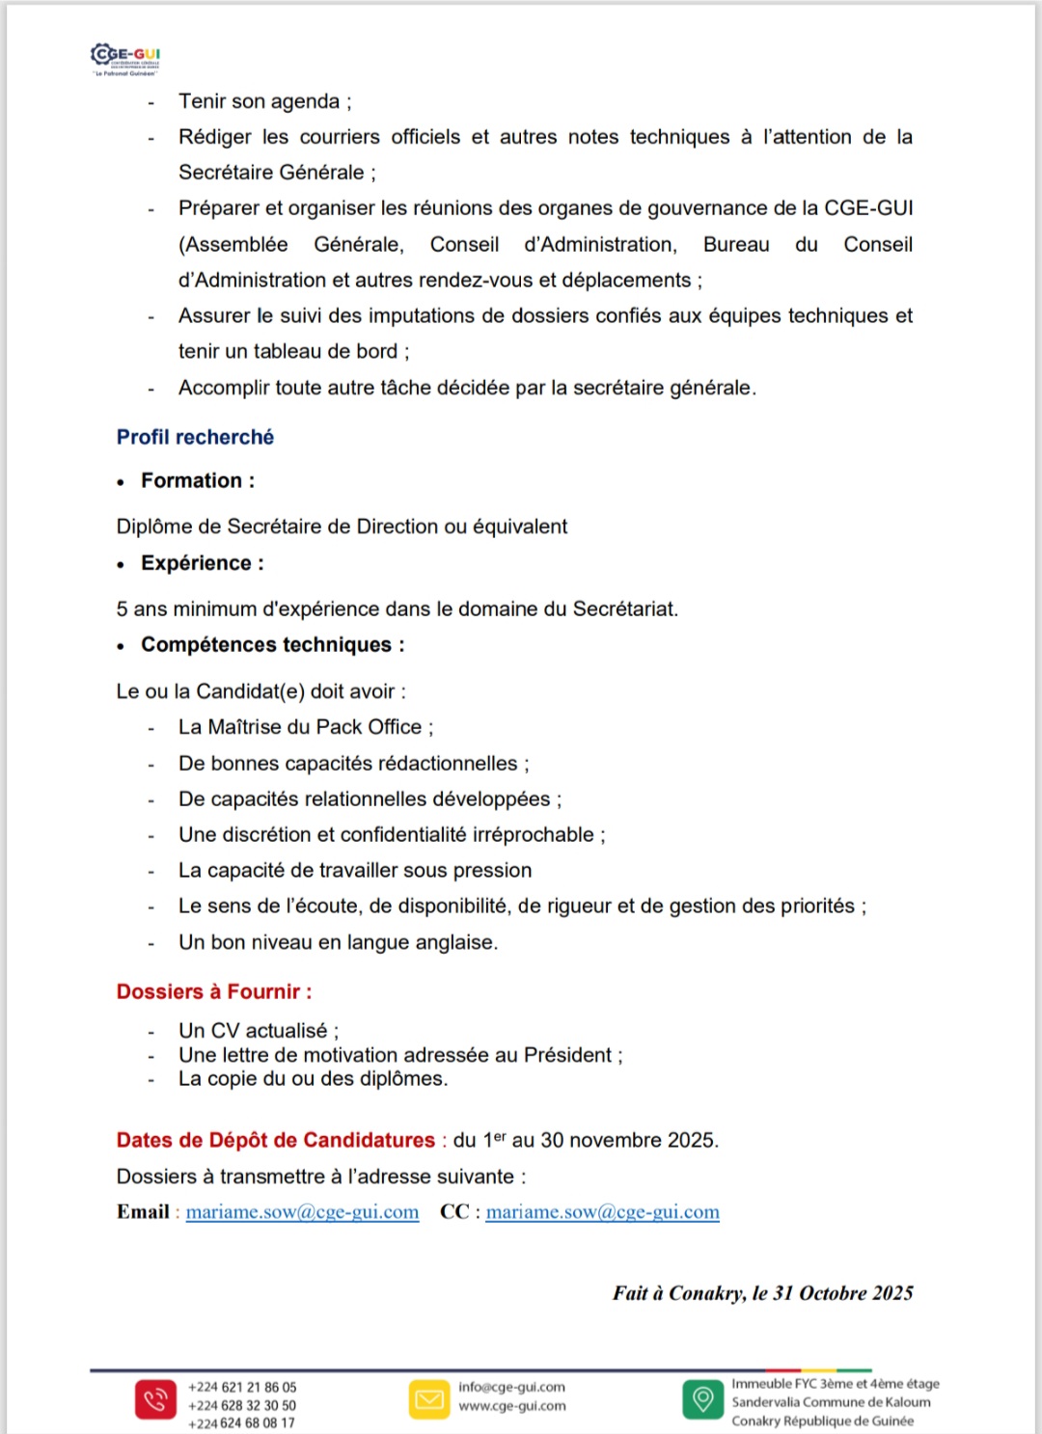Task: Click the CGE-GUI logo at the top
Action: point(125,58)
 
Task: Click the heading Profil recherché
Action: point(195,437)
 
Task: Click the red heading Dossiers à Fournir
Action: point(213,991)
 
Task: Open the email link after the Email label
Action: point(302,1212)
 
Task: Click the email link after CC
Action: point(602,1212)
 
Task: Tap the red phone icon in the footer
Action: point(155,1399)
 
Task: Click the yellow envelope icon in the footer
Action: point(429,1399)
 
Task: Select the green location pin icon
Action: point(703,1399)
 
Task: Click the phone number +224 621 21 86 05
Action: point(242,1388)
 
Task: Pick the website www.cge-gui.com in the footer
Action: point(511,1406)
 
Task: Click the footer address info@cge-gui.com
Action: point(511,1387)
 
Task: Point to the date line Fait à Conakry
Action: point(762,1293)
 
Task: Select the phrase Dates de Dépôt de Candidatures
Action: point(276,1140)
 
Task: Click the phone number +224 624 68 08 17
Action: point(241,1423)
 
